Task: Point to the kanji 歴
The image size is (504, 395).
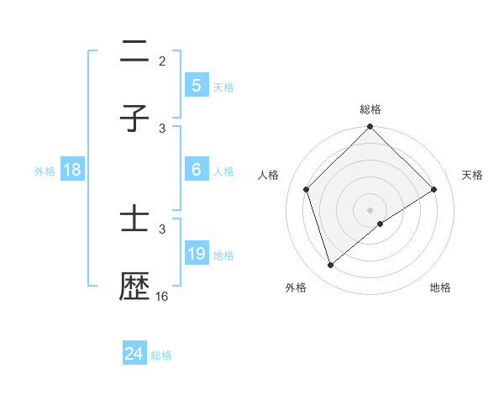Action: click(x=134, y=288)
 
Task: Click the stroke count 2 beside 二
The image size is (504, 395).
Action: click(x=162, y=61)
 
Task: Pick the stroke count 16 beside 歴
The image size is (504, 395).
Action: click(x=162, y=297)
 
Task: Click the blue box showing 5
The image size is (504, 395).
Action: click(x=197, y=85)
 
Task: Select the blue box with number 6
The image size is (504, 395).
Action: click(x=197, y=169)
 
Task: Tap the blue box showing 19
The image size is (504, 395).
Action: click(x=197, y=253)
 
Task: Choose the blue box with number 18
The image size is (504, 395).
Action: click(x=72, y=169)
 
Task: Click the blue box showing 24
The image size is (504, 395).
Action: click(x=134, y=354)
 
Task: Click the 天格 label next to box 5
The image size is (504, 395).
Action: click(x=223, y=87)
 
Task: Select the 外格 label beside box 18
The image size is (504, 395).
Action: click(x=45, y=171)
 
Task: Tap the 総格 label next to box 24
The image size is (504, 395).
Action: click(x=161, y=355)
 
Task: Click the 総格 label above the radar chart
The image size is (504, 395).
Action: click(x=370, y=109)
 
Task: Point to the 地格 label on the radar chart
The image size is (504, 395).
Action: click(x=440, y=287)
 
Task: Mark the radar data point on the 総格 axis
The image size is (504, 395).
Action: click(x=370, y=128)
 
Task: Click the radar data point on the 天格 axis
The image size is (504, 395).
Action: click(x=434, y=190)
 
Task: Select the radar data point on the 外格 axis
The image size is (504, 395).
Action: click(x=330, y=266)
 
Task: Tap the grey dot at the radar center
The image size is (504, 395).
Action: click(x=370, y=209)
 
